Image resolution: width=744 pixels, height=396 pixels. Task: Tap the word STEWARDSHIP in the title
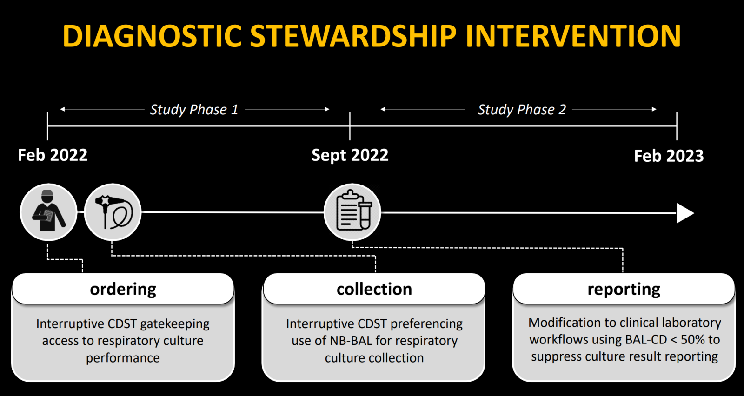coord(353,36)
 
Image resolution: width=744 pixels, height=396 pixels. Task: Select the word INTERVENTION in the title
coord(573,36)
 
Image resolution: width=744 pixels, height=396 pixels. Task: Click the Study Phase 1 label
coord(194,110)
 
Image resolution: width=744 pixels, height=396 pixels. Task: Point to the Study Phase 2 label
coord(522,110)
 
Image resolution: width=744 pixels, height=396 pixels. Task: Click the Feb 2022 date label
coord(53,155)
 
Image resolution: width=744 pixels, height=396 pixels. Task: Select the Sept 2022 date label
coord(350,155)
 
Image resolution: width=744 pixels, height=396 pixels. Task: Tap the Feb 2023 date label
coord(669,156)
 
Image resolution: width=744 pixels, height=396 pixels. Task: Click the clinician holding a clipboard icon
coord(48,212)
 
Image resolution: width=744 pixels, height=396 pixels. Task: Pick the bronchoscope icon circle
coord(113,212)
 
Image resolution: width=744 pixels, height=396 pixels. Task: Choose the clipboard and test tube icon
coord(352,212)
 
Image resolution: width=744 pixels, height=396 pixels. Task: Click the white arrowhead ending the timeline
coord(684,213)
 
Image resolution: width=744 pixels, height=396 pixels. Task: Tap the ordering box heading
coord(123,289)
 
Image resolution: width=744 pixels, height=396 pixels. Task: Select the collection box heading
coord(374,289)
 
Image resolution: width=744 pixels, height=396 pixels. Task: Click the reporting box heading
coord(624,289)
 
